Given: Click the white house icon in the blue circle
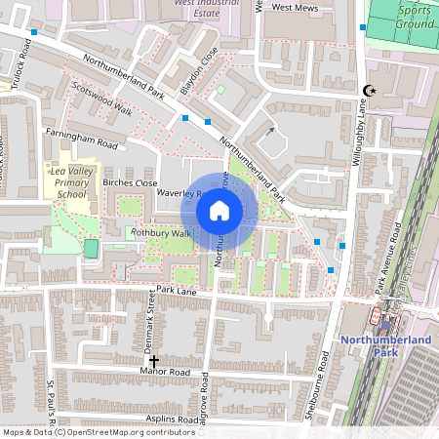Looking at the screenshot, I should pos(219,210).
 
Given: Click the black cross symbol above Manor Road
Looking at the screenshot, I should pos(153,361).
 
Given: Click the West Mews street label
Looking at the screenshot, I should pos(295,7).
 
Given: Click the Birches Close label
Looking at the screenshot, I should pos(130,182).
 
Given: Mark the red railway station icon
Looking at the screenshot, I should pos(376,317).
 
